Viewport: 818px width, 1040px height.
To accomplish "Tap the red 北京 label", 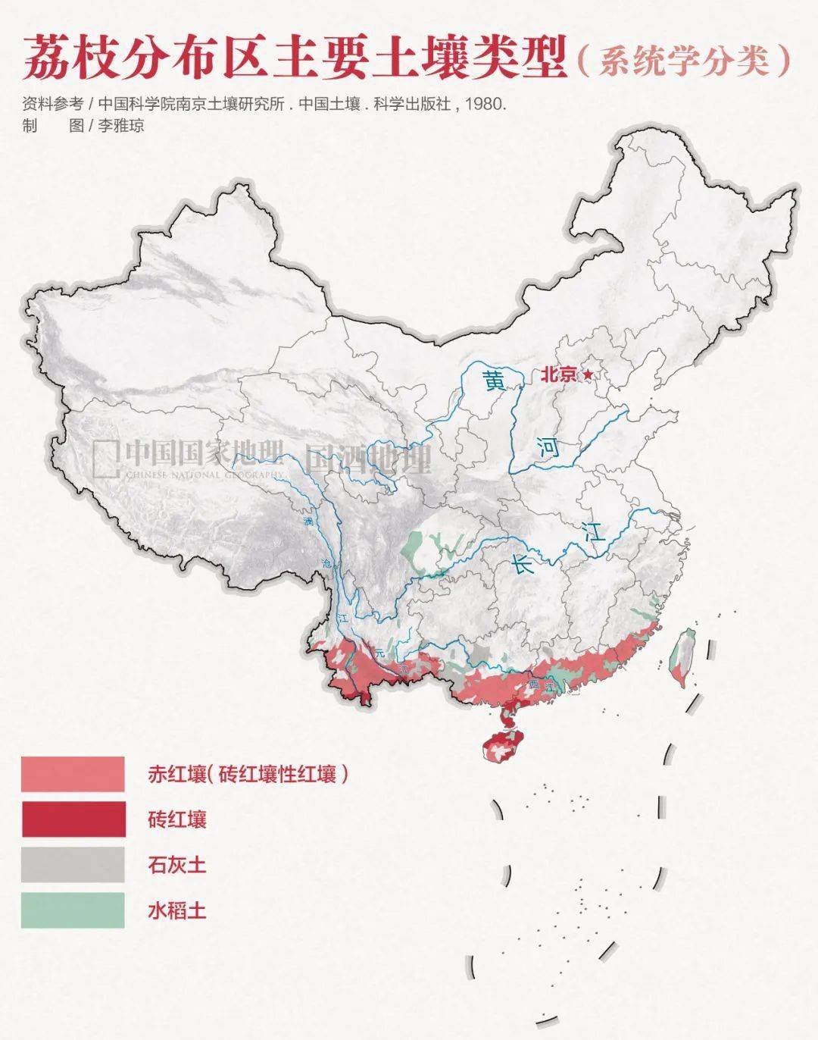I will [x=559, y=374].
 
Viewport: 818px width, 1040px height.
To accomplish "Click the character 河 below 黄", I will [x=548, y=447].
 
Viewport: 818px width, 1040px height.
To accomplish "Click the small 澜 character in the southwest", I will [x=308, y=522].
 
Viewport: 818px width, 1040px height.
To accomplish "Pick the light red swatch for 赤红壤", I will [x=73, y=774].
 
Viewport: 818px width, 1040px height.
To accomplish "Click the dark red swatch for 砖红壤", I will [x=73, y=819].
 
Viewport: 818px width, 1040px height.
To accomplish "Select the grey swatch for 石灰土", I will [x=73, y=864].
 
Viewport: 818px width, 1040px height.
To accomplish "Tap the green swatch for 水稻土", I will [x=73, y=910].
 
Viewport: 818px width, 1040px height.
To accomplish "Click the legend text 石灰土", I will [x=177, y=865].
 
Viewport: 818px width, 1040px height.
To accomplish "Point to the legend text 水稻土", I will [x=177, y=910].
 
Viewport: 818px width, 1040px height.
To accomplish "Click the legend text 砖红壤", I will [x=177, y=819].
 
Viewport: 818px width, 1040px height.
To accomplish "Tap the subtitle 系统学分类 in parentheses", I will [x=684, y=61].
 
